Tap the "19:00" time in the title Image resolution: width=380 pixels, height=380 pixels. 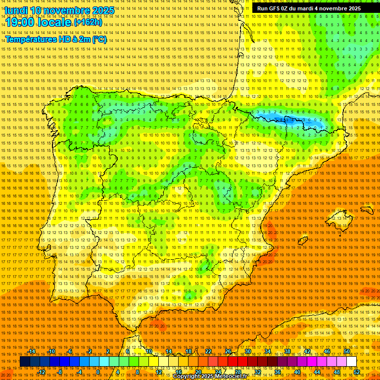coord(19,22)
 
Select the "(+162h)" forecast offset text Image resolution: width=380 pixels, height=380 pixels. coord(88,22)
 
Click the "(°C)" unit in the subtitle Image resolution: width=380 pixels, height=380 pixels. coord(99,39)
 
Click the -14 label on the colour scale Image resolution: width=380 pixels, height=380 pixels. coord(32,352)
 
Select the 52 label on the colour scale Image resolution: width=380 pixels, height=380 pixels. coord(357,372)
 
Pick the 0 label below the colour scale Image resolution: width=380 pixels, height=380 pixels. coord(98,372)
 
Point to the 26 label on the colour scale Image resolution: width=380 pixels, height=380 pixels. coord(228,352)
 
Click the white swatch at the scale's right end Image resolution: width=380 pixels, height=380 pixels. coord(351,362)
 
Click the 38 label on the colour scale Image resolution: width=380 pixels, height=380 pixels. coord(287,352)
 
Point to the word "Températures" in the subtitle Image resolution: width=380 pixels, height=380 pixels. coord(30,39)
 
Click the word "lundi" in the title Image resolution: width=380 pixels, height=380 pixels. coord(15,10)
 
